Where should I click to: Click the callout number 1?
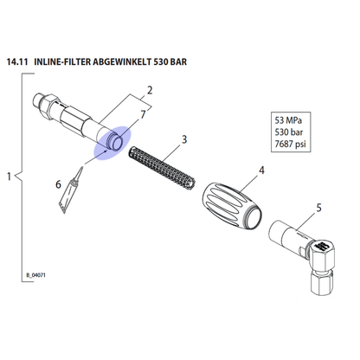tap(9, 177)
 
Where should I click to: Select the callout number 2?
tap(150, 90)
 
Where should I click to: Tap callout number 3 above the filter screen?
tap(184, 139)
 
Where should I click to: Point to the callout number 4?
tap(261, 170)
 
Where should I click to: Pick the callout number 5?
tap(318, 208)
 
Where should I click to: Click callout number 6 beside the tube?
tap(58, 184)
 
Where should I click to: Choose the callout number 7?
tap(144, 114)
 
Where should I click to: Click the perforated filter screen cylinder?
tap(162, 166)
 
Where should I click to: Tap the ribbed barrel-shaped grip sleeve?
tap(232, 207)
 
